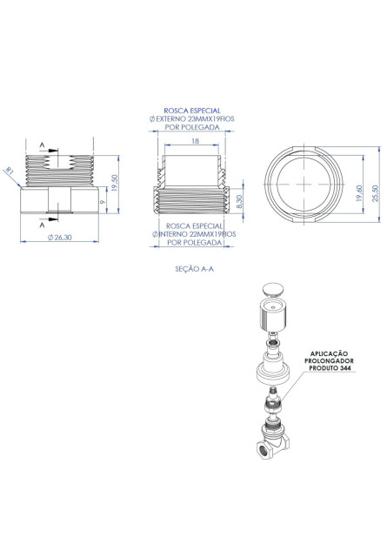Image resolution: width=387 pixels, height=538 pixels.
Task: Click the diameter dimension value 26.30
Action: pos(60,237)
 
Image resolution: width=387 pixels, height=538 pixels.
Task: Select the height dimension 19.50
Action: pos(114,183)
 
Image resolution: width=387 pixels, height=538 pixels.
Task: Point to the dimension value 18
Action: pos(195,141)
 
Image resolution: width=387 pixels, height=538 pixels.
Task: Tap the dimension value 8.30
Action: pos(240,201)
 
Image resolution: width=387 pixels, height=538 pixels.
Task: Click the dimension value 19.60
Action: pos(359,193)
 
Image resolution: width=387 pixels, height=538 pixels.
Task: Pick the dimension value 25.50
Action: pos(376,193)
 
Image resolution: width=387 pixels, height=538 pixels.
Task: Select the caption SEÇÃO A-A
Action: pos(194,269)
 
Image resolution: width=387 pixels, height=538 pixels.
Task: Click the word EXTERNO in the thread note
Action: pos(171,118)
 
